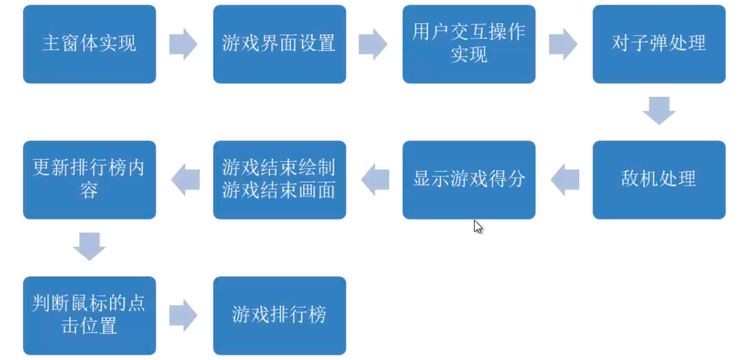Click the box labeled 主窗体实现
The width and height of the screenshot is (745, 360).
pyautogui.click(x=89, y=44)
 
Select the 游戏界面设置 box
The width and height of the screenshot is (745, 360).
pyautogui.click(x=279, y=44)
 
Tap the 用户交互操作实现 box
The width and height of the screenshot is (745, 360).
pyautogui.click(x=469, y=44)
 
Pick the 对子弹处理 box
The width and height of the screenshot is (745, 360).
pyautogui.click(x=659, y=44)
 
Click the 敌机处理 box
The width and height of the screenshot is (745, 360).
pyautogui.click(x=659, y=180)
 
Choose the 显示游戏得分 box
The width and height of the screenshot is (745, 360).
pyautogui.click(x=469, y=180)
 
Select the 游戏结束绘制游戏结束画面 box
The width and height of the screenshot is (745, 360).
pyautogui.click(x=279, y=180)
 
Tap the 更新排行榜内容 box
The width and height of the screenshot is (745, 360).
pyautogui.click(x=89, y=180)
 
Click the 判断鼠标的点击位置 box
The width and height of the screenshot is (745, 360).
pyautogui.click(x=89, y=316)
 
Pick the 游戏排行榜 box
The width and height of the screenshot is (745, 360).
pyautogui.click(x=279, y=316)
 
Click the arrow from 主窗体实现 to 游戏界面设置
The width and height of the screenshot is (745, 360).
pyautogui.click(x=184, y=44)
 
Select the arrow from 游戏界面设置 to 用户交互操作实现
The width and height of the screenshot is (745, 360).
pyautogui.click(x=373, y=44)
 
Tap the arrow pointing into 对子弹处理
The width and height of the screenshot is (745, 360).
pyautogui.click(x=563, y=44)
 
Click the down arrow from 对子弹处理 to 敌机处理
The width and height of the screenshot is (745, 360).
pyautogui.click(x=659, y=111)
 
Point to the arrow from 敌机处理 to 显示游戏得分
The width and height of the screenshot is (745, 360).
pyautogui.click(x=565, y=180)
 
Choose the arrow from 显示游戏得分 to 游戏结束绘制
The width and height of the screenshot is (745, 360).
pyautogui.click(x=374, y=180)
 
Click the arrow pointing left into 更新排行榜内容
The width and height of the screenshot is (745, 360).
pyautogui.click(x=185, y=180)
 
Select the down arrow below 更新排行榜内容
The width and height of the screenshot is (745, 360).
pyautogui.click(x=89, y=247)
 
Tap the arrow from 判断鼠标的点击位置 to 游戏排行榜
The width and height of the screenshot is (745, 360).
pyautogui.click(x=184, y=316)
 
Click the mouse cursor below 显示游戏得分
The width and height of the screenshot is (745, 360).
pyautogui.click(x=477, y=226)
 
